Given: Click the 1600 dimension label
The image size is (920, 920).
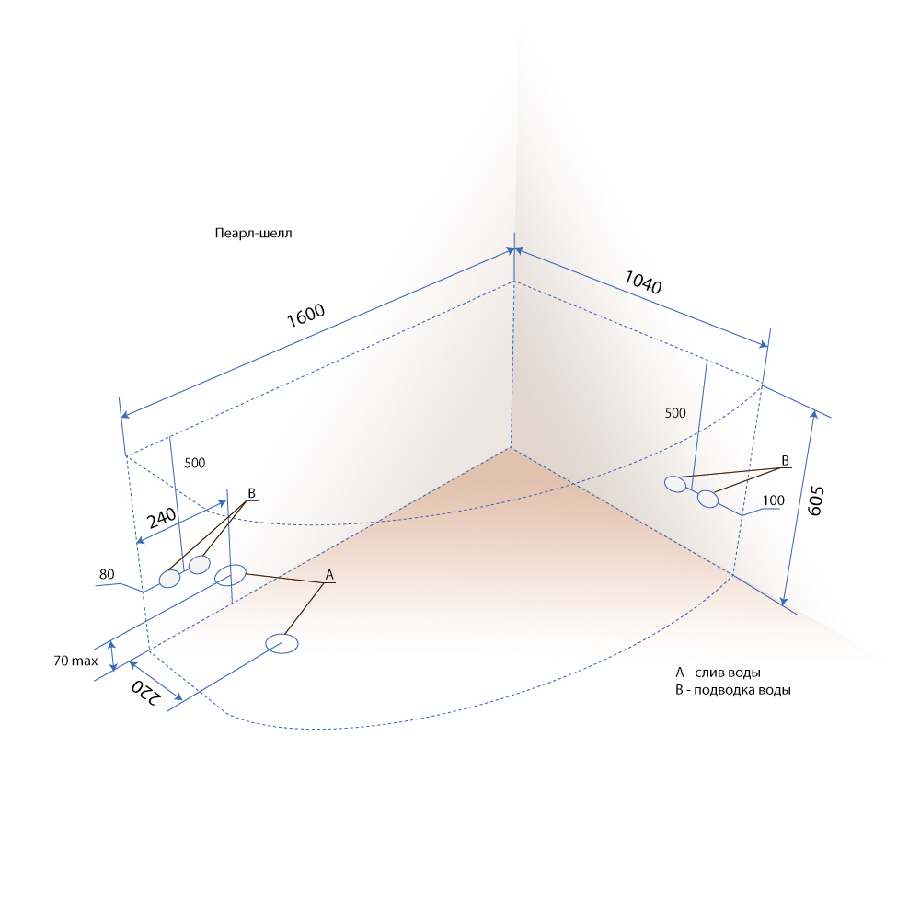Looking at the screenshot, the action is tap(305, 315).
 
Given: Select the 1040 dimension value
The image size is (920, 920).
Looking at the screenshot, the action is tap(643, 282).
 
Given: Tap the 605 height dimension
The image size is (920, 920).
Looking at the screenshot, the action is tap(816, 500).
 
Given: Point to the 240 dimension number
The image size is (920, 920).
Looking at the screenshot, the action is tap(161, 517).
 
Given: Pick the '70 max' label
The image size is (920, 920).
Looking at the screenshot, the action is tap(75, 661).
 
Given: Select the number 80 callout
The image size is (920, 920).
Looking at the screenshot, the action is tap(107, 574).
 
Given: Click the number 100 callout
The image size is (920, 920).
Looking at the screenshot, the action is tap(774, 500).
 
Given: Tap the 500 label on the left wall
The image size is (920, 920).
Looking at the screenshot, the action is tap(195, 463).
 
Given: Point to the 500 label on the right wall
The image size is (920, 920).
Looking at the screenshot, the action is tap(675, 413).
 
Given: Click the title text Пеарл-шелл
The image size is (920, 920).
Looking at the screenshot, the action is tap(254, 233).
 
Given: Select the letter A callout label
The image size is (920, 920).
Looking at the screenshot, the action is tap(329, 575).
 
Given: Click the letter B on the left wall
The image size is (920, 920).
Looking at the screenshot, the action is tap(252, 493).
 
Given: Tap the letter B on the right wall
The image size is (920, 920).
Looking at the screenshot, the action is tap(785, 461).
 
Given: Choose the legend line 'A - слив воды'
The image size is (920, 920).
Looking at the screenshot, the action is tap(719, 673).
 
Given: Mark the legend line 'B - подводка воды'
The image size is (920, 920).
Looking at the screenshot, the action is tap(733, 690).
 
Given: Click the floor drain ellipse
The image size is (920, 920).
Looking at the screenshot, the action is tap(282, 644).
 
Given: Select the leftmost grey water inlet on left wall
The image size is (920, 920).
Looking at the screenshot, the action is tap(169, 579).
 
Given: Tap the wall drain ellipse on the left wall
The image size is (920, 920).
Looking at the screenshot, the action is tap(230, 575).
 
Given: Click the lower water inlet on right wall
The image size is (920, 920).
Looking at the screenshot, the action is tap(707, 499).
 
